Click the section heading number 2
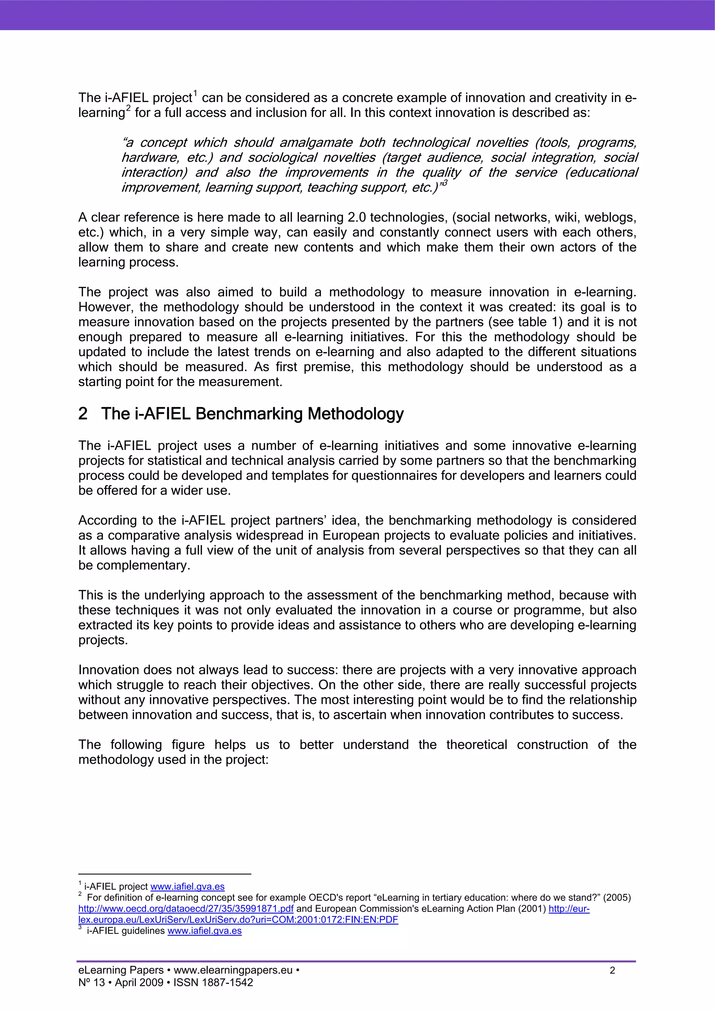pos(83,414)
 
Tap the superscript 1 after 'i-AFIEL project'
pos(195,93)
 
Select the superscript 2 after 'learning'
pos(128,108)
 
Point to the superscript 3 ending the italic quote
pos(444,183)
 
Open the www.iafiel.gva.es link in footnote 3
pos(205,930)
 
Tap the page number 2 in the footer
pos(612,970)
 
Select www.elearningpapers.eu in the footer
pos(233,970)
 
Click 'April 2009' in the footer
pos(139,982)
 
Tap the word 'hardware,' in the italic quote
pos(150,158)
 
